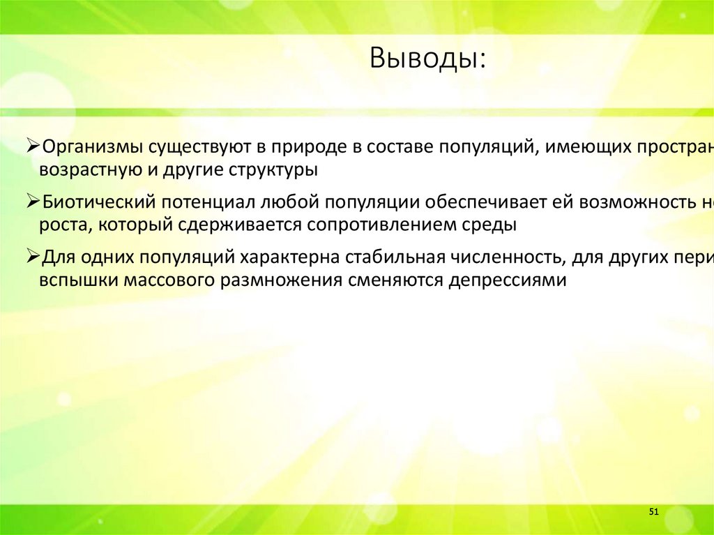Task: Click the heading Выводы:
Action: (428, 58)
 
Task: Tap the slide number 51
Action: (653, 513)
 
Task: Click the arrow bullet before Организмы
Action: (32, 147)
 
